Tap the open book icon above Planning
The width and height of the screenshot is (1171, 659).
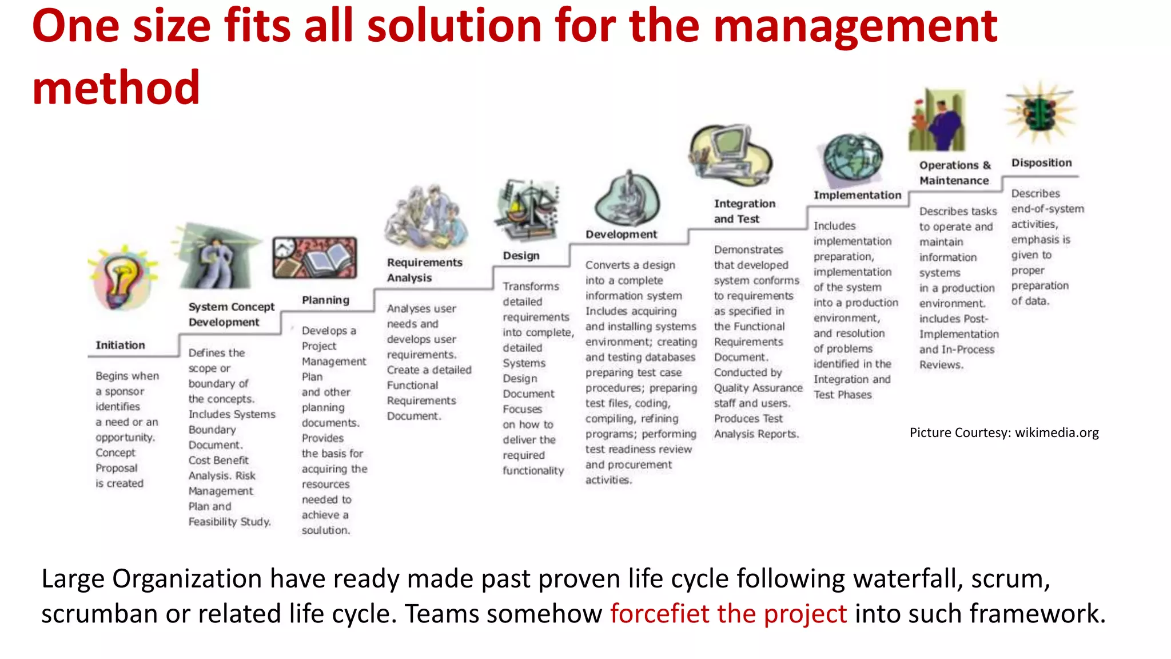click(x=315, y=258)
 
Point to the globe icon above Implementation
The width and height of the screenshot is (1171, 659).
click(x=852, y=157)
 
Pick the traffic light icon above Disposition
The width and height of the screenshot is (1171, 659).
click(x=1041, y=112)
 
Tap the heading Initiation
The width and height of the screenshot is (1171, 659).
click(x=120, y=345)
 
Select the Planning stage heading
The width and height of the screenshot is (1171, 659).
click(x=325, y=300)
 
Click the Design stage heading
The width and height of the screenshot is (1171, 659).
click(x=521, y=256)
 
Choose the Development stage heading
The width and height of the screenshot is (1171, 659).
click(x=621, y=234)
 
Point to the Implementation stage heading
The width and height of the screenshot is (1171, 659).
click(x=857, y=195)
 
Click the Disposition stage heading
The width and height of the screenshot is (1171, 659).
click(x=1041, y=162)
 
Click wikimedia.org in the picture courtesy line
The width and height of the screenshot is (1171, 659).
click(x=1057, y=432)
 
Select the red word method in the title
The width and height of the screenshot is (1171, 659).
click(x=116, y=88)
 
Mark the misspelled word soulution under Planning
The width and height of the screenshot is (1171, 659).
click(x=325, y=530)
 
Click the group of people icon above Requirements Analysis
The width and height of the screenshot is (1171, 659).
click(x=426, y=218)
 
